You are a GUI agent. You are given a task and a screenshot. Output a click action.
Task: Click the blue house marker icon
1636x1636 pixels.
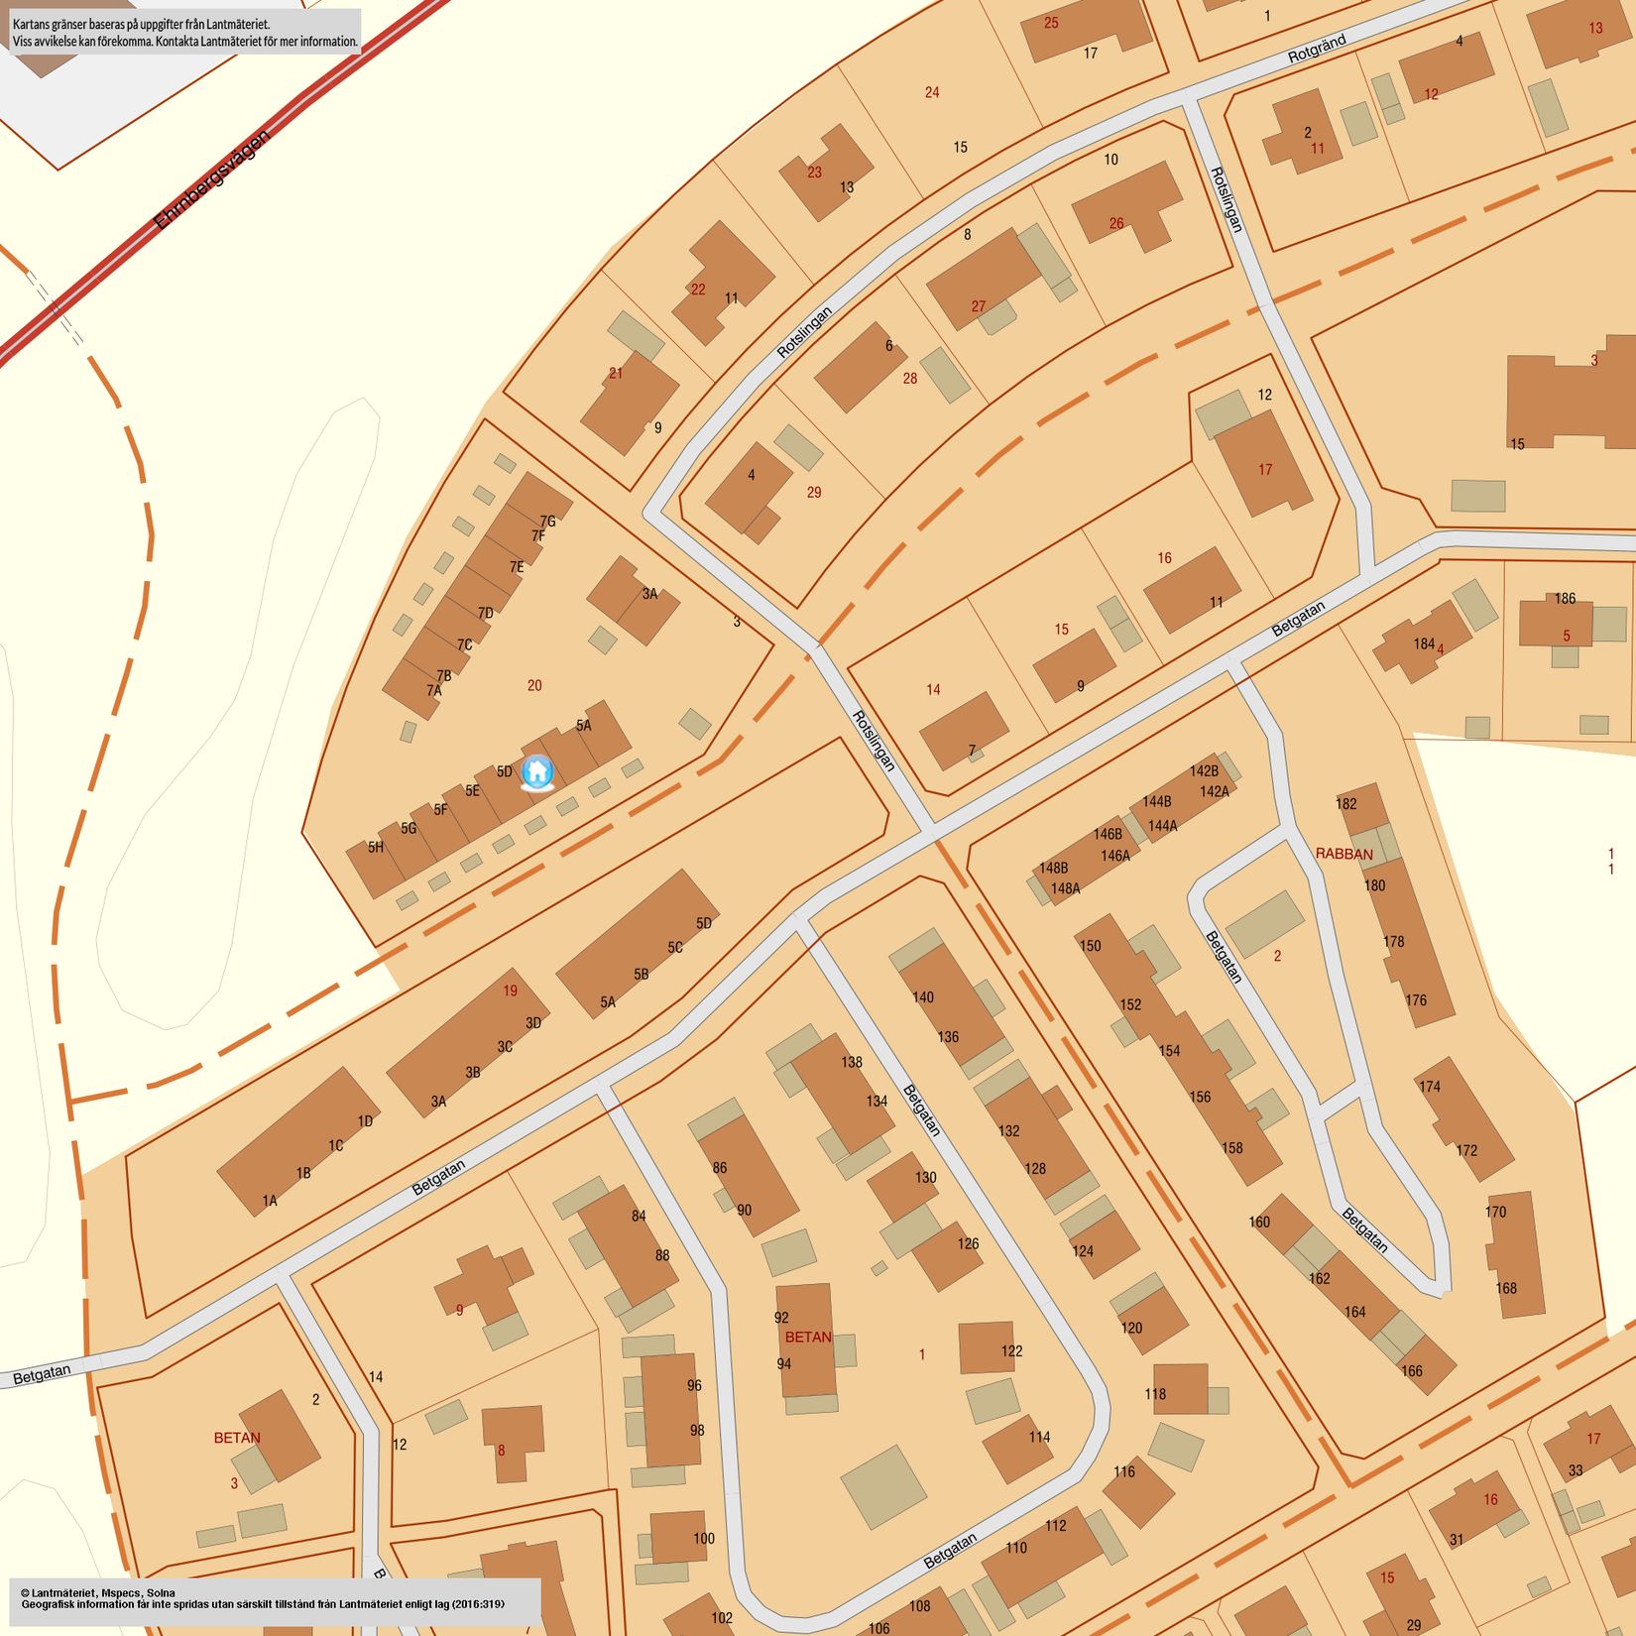[x=536, y=771]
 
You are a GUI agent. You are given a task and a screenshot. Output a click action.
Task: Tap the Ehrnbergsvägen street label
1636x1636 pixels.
[x=211, y=179]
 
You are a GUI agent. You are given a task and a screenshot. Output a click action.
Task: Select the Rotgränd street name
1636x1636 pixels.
[x=1316, y=50]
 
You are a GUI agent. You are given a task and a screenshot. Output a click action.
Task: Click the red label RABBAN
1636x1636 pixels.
[x=1344, y=854]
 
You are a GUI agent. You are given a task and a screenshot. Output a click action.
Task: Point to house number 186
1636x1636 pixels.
[x=1565, y=598]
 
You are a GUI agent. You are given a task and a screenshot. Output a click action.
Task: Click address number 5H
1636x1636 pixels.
[x=376, y=847]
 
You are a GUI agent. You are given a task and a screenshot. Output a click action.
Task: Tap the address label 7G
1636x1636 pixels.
[x=547, y=521]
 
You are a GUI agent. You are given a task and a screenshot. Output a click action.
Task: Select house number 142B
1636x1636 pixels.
[x=1204, y=770]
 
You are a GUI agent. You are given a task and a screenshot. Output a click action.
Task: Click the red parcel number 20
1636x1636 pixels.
[x=534, y=685]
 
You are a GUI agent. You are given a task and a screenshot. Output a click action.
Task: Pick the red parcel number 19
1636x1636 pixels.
[x=510, y=991]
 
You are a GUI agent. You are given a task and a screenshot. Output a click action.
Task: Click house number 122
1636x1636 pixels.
[x=1011, y=1350]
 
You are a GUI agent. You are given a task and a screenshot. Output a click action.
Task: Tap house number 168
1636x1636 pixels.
[x=1506, y=1288]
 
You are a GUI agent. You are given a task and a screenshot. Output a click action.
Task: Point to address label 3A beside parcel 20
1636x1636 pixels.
[x=649, y=594]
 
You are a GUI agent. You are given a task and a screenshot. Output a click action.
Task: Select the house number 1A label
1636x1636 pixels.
[x=270, y=1201]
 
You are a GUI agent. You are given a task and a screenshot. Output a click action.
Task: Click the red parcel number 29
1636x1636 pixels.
[x=814, y=492]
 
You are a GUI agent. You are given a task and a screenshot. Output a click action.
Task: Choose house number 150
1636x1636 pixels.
[x=1090, y=946]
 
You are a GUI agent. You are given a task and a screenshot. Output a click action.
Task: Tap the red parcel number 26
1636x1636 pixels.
[x=1116, y=223]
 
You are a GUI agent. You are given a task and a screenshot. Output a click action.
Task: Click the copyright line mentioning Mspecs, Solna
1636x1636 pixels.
[x=98, y=1592]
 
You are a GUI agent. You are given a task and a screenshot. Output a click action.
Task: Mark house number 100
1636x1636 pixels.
[x=704, y=1539]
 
